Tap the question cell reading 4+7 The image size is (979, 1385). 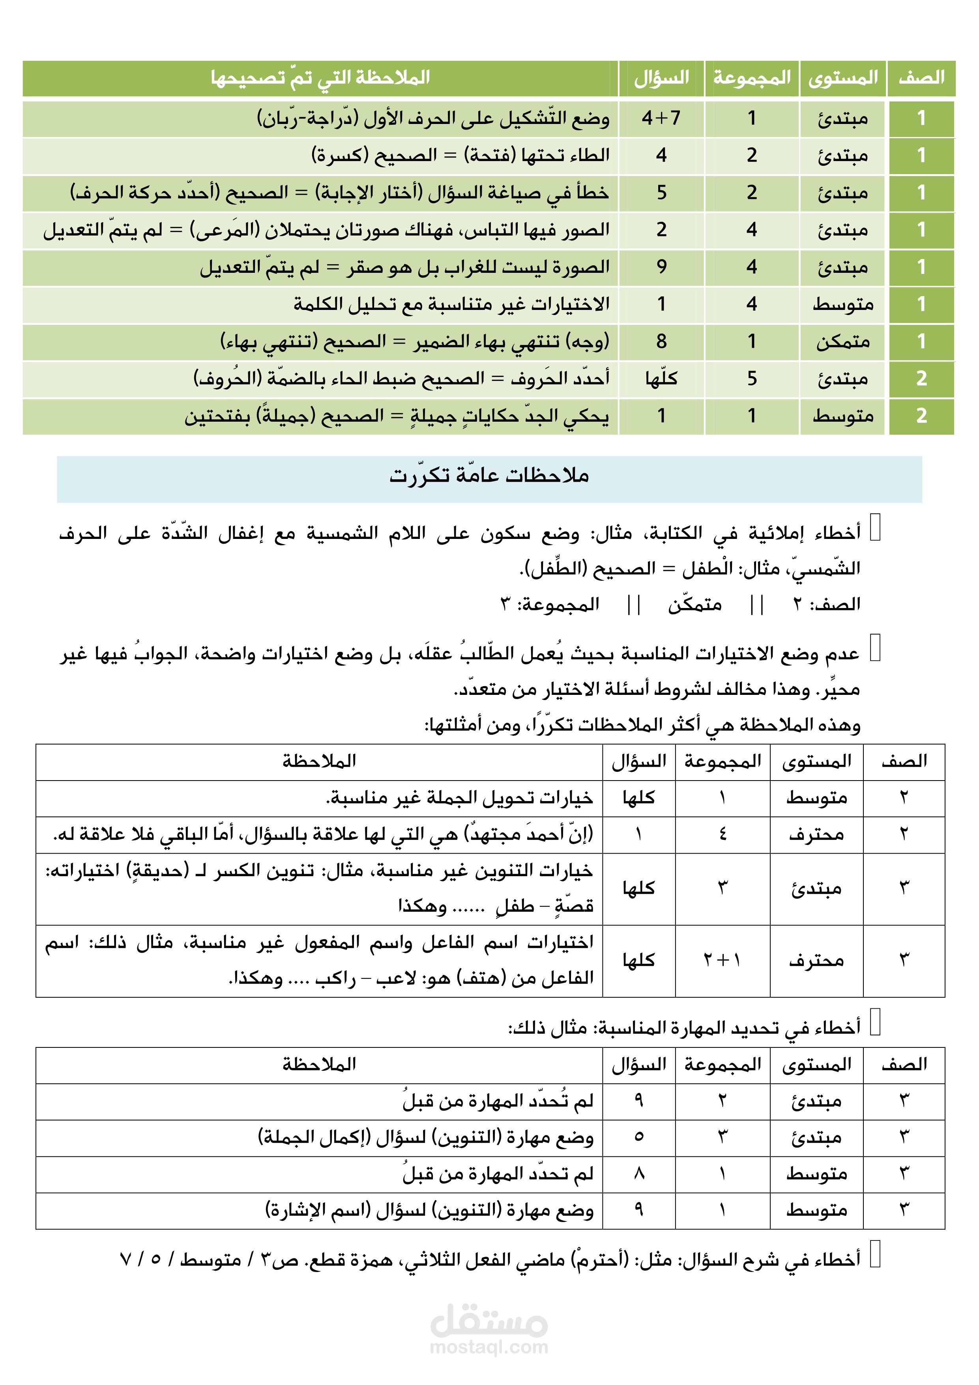661,118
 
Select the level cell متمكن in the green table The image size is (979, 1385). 843,342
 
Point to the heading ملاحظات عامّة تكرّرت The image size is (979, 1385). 489,476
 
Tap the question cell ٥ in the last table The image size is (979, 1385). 639,1138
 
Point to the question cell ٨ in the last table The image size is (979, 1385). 639,1174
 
